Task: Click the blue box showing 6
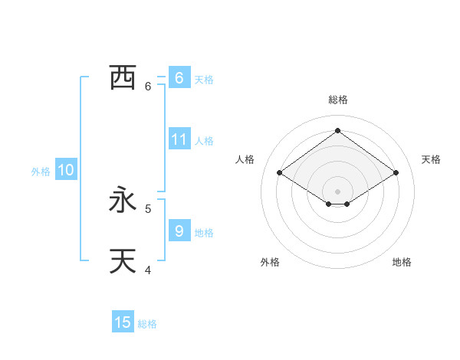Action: (179, 77)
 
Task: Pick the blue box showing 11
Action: (179, 139)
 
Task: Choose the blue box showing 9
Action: (179, 231)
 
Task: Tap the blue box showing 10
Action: (66, 171)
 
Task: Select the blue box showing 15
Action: (123, 322)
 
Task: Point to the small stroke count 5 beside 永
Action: (148, 208)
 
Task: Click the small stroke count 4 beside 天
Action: (148, 269)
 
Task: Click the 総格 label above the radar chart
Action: (338, 100)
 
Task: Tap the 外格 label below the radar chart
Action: (270, 262)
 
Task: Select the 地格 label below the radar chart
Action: (402, 262)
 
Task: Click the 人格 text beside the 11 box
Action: (204, 141)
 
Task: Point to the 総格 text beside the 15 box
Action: (147, 324)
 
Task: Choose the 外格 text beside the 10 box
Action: (41, 172)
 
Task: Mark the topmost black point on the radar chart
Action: (337, 130)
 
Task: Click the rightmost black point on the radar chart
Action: (396, 173)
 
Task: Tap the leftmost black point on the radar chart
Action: (280, 173)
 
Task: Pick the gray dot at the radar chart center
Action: (337, 191)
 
